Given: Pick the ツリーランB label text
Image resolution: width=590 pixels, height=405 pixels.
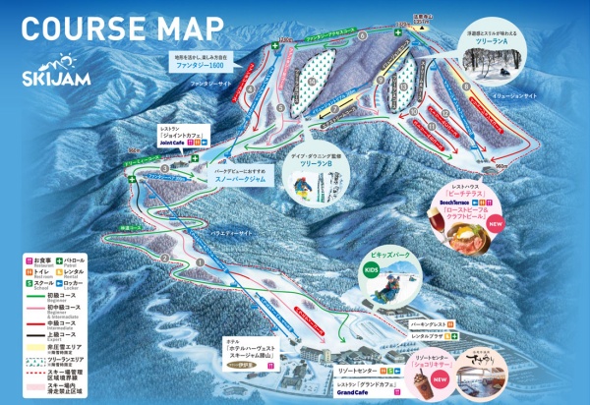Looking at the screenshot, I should click(315, 162).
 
